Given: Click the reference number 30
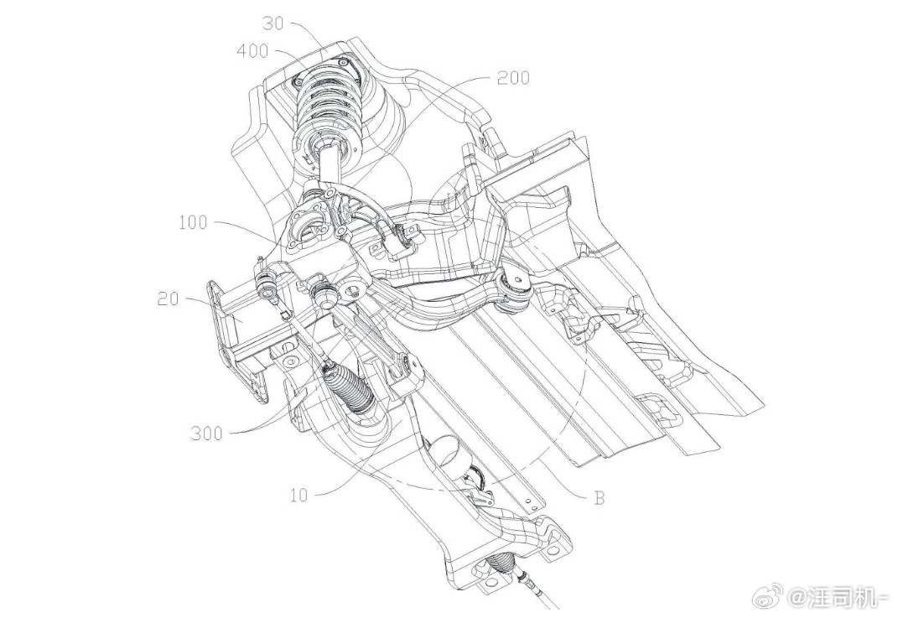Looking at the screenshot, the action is click(273, 24).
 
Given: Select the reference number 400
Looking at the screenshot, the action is click(252, 51).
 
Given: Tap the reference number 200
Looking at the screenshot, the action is click(513, 78).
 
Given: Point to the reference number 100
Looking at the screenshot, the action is click(193, 222).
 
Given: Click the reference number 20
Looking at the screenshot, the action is click(169, 299).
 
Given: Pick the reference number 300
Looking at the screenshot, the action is click(207, 434).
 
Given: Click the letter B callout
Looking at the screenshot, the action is click(599, 498).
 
